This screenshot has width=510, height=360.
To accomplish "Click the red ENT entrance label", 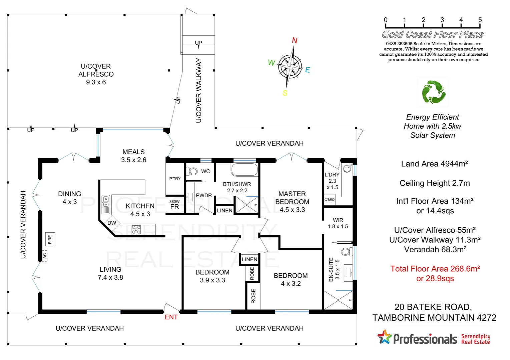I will [x=171, y=317].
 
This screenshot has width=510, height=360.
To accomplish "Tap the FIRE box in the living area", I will [x=50, y=239].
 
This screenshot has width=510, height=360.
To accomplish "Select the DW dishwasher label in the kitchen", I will [x=112, y=223].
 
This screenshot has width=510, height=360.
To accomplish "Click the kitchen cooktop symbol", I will [x=136, y=229].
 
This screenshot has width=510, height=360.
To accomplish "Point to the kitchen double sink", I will [x=106, y=204].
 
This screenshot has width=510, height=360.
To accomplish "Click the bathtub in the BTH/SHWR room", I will [x=244, y=170].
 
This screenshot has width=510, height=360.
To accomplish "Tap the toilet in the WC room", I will [x=193, y=171].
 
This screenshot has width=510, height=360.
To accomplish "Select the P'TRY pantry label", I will [x=175, y=179].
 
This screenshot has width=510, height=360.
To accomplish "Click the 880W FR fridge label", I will [x=174, y=205].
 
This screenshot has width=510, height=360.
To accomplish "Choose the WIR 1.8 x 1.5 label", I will [x=338, y=223].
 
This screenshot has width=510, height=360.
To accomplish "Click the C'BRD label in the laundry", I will [x=330, y=200].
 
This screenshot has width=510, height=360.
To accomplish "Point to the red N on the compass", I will [x=295, y=41].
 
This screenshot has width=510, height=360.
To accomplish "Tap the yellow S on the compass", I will [x=285, y=93].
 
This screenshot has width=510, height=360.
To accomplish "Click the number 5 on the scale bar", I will [x=480, y=20].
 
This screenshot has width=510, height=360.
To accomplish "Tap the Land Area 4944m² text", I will [x=434, y=164].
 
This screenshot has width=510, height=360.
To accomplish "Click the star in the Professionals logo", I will [x=384, y=337].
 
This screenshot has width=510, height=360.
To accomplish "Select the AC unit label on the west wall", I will [x=45, y=256].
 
